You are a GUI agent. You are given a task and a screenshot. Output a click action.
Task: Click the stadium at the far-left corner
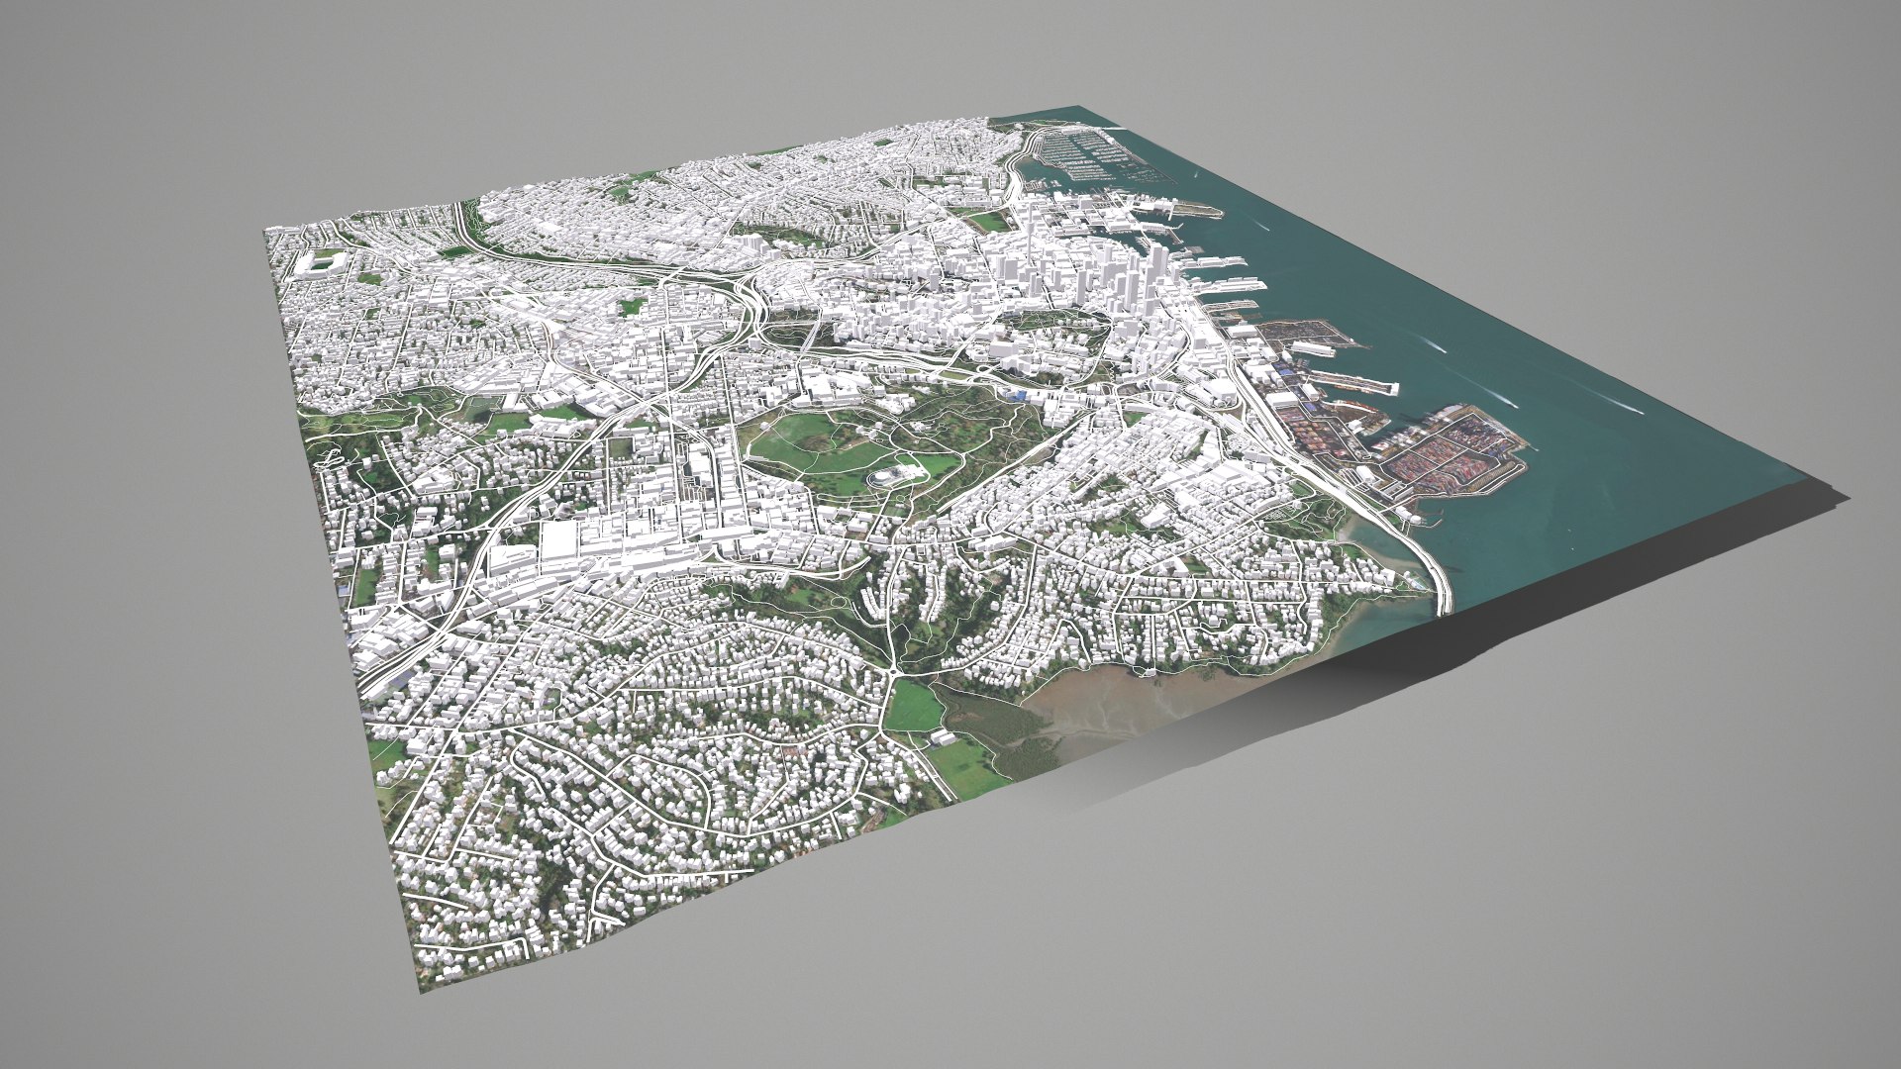coord(321,263)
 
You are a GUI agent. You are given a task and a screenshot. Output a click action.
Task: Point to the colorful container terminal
coord(1446,445)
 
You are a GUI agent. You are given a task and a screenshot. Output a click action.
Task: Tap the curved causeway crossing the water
coord(1426,564)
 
